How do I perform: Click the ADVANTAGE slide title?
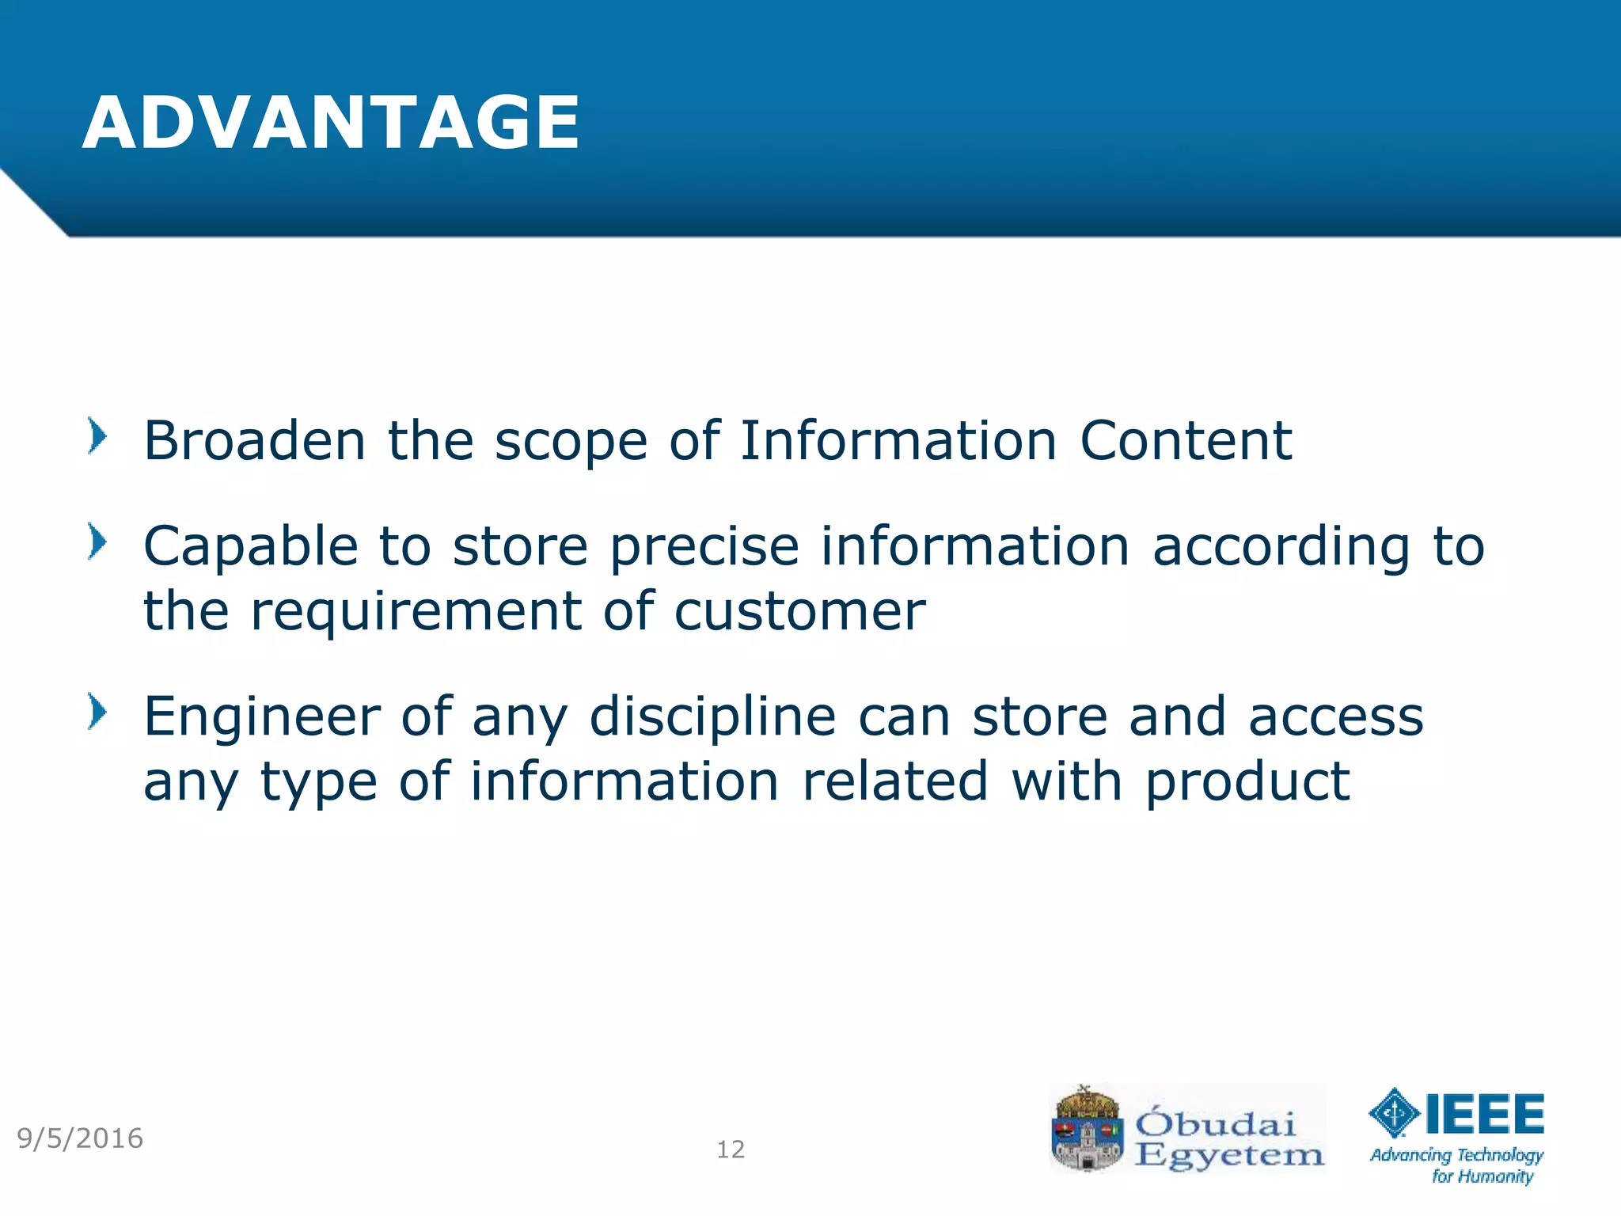coord(331,123)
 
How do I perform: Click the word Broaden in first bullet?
coord(254,441)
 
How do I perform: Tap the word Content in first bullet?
coord(1186,441)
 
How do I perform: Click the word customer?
coord(799,612)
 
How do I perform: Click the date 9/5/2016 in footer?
coord(80,1138)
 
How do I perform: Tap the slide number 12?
coord(731,1149)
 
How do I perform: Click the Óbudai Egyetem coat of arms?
coord(1087,1129)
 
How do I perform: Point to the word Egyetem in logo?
coord(1229,1155)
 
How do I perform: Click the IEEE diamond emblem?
coord(1394,1113)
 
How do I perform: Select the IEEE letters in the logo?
coord(1484,1114)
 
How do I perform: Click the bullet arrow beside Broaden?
coord(97,436)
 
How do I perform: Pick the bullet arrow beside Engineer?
coord(97,712)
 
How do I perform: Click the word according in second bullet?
coord(1281,547)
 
